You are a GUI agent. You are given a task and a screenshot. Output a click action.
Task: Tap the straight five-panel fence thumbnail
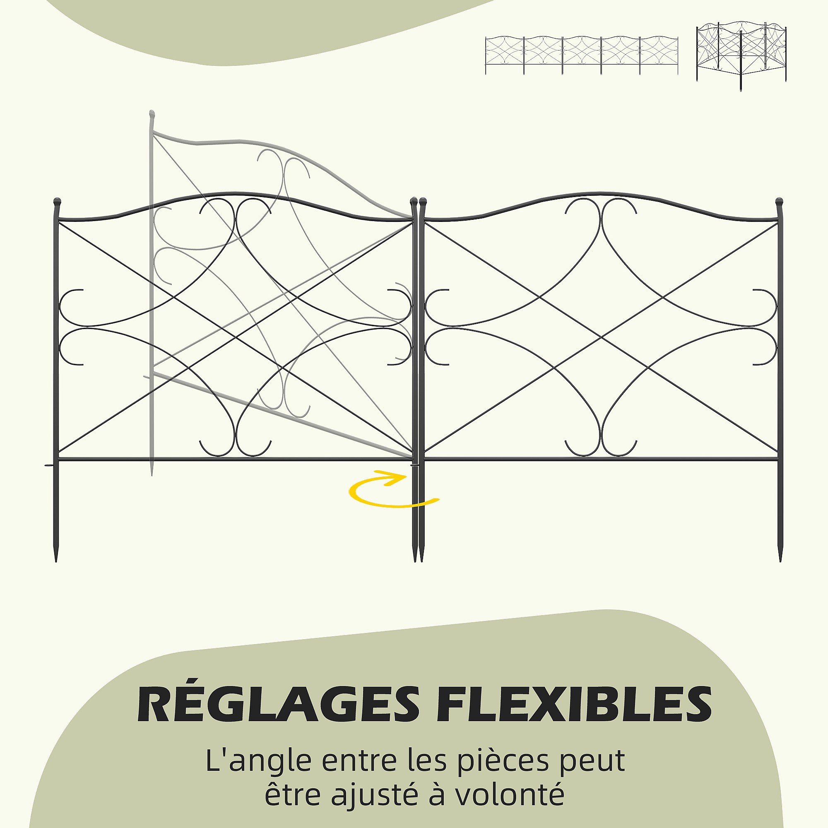pos(581,55)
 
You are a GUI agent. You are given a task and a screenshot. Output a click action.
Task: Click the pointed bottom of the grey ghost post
pos(151,472)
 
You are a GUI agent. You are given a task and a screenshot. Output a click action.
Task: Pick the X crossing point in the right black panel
pos(601,338)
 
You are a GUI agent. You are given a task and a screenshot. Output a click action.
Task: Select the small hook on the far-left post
pos(48,466)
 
